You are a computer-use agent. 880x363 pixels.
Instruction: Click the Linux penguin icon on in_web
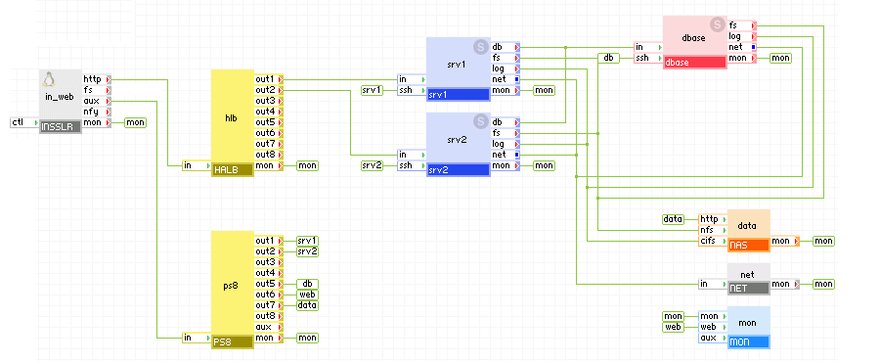50,79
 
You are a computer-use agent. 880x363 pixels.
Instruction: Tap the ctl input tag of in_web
18,122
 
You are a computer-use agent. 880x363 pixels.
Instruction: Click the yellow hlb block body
232,117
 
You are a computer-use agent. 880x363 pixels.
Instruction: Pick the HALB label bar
232,170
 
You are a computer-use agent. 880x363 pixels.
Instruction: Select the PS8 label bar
232,341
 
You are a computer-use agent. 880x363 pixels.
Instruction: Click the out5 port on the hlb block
265,122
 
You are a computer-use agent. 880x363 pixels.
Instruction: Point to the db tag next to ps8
307,284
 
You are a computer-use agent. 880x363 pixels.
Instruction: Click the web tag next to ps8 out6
307,295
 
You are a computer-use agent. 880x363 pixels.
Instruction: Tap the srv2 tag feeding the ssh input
372,165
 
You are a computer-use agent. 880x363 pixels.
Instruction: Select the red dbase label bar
694,63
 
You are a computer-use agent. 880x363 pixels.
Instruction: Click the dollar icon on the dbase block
717,23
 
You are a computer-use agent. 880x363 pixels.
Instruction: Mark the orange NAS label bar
748,245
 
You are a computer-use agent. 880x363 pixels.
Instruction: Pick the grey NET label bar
748,288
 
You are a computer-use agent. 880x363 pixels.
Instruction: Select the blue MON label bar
748,342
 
